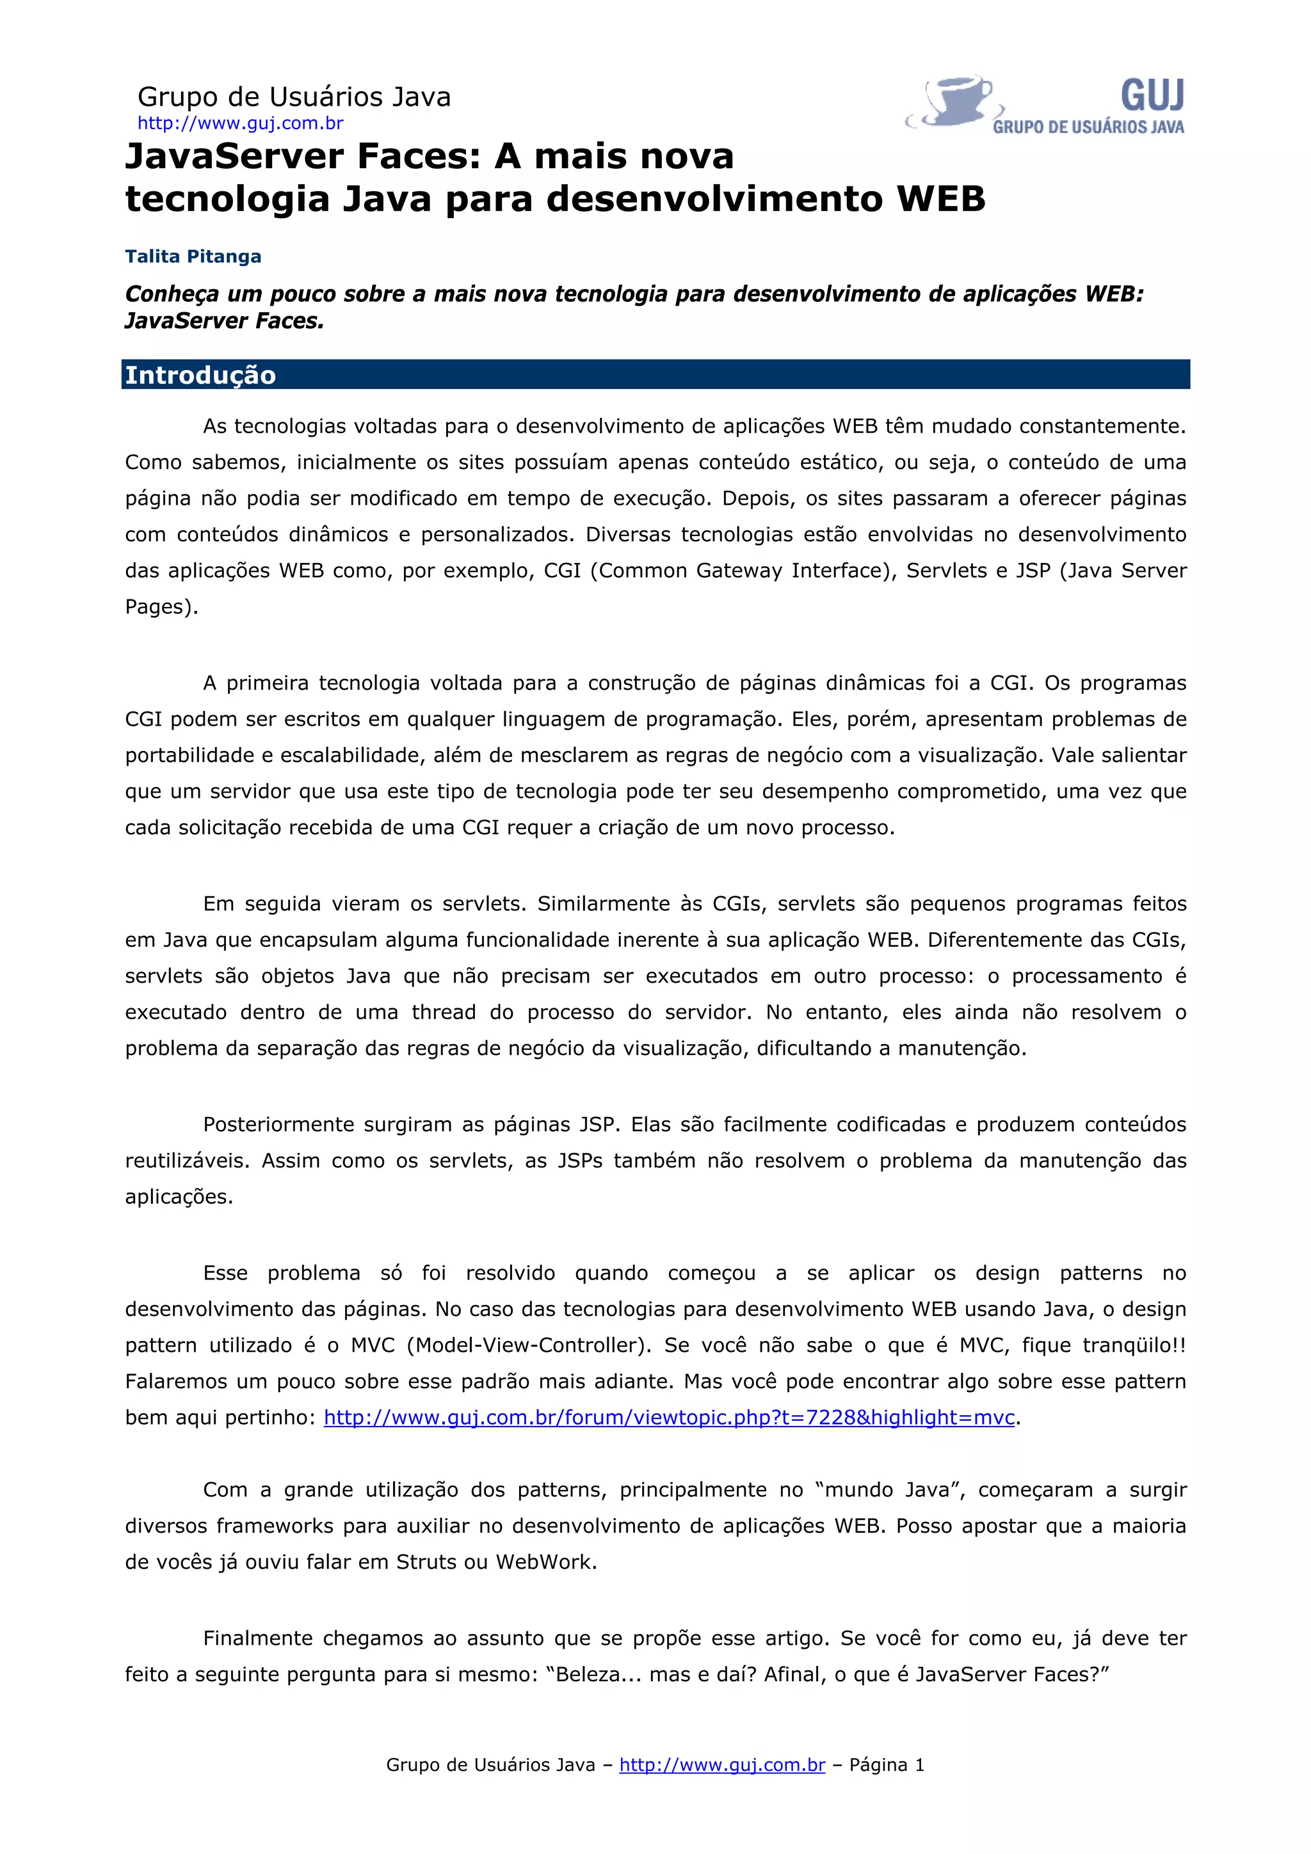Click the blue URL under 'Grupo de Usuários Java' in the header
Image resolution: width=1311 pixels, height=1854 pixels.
click(x=240, y=123)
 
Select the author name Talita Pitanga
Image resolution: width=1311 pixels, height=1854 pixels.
click(x=193, y=257)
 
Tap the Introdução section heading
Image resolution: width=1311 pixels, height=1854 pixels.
click(x=200, y=376)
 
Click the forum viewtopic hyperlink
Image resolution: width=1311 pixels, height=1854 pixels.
click(x=669, y=1417)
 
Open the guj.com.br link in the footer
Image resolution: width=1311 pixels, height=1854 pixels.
click(x=722, y=1765)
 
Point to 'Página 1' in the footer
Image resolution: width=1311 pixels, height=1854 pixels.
click(x=886, y=1765)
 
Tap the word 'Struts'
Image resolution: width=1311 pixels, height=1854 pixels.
click(x=426, y=1562)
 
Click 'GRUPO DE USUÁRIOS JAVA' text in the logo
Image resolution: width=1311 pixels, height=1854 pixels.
click(x=1088, y=127)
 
